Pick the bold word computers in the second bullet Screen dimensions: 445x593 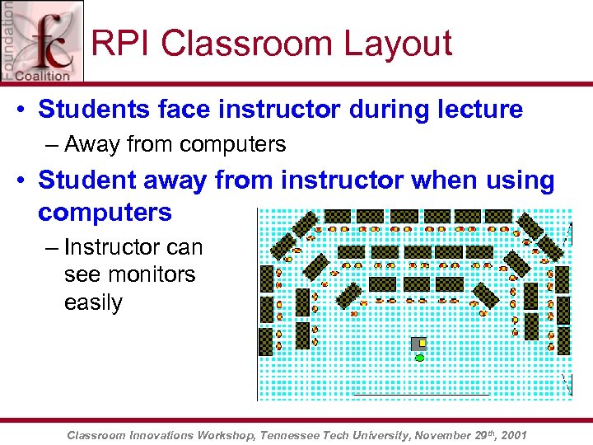tap(105, 212)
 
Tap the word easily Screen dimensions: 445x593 tap(93, 302)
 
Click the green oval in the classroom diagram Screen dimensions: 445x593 tap(420, 358)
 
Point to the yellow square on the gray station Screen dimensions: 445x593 tap(423, 343)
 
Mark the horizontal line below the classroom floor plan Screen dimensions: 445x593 tap(421, 395)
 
